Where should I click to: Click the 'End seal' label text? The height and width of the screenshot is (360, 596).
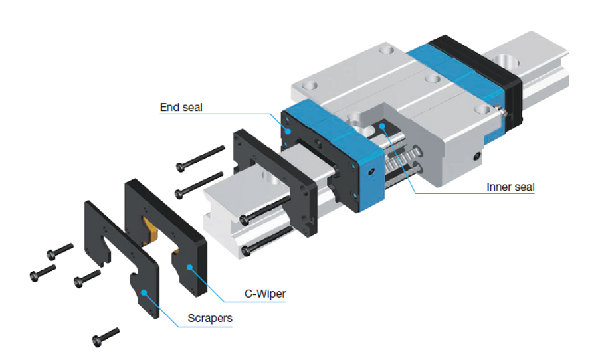(181, 107)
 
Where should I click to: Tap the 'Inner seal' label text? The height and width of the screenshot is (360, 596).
(510, 187)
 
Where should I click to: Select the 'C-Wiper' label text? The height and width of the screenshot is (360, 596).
(265, 294)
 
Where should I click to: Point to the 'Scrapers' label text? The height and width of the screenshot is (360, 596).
(210, 318)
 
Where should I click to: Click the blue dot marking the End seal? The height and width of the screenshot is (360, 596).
(288, 132)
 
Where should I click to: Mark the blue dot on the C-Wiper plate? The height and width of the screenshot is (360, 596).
(189, 267)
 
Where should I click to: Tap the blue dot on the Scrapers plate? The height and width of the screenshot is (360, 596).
(144, 292)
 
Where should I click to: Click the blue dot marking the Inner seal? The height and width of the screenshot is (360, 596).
(382, 126)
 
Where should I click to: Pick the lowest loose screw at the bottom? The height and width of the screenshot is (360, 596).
(106, 337)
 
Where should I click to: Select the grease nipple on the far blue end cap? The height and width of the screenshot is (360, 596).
(501, 111)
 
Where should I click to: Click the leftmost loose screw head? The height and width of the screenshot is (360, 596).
(34, 276)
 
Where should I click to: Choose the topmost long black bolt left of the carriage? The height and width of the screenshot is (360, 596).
(201, 158)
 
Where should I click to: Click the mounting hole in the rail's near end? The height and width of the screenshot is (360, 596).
(271, 177)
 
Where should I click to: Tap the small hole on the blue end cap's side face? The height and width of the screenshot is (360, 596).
(371, 172)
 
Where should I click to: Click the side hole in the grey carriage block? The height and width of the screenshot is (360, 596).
(477, 156)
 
